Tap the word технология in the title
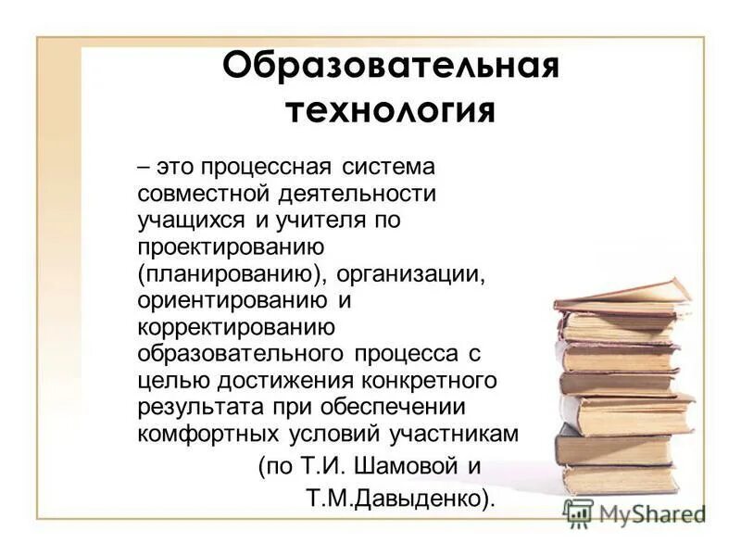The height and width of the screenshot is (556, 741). click(389, 112)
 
